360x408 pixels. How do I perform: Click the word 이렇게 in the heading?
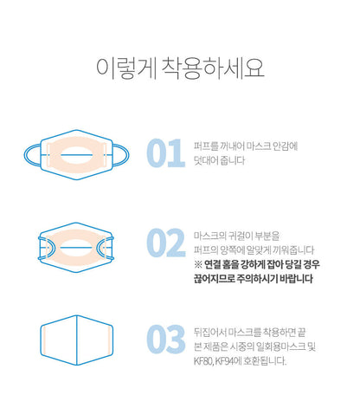point(125,68)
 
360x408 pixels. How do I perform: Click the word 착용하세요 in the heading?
point(213,68)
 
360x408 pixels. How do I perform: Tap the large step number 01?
point(165,153)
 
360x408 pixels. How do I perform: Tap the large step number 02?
point(166,243)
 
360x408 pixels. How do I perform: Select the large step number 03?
point(166,339)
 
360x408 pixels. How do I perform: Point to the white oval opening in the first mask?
point(77,155)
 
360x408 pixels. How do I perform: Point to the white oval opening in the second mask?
point(76,248)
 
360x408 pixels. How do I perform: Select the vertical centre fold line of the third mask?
point(77,340)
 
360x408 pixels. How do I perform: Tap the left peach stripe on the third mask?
point(44,340)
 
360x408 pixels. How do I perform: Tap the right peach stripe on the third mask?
point(109,340)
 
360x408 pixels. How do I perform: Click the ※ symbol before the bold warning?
point(198,264)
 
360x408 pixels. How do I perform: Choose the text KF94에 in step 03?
point(228,361)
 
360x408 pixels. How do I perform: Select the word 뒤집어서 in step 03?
point(210,333)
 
